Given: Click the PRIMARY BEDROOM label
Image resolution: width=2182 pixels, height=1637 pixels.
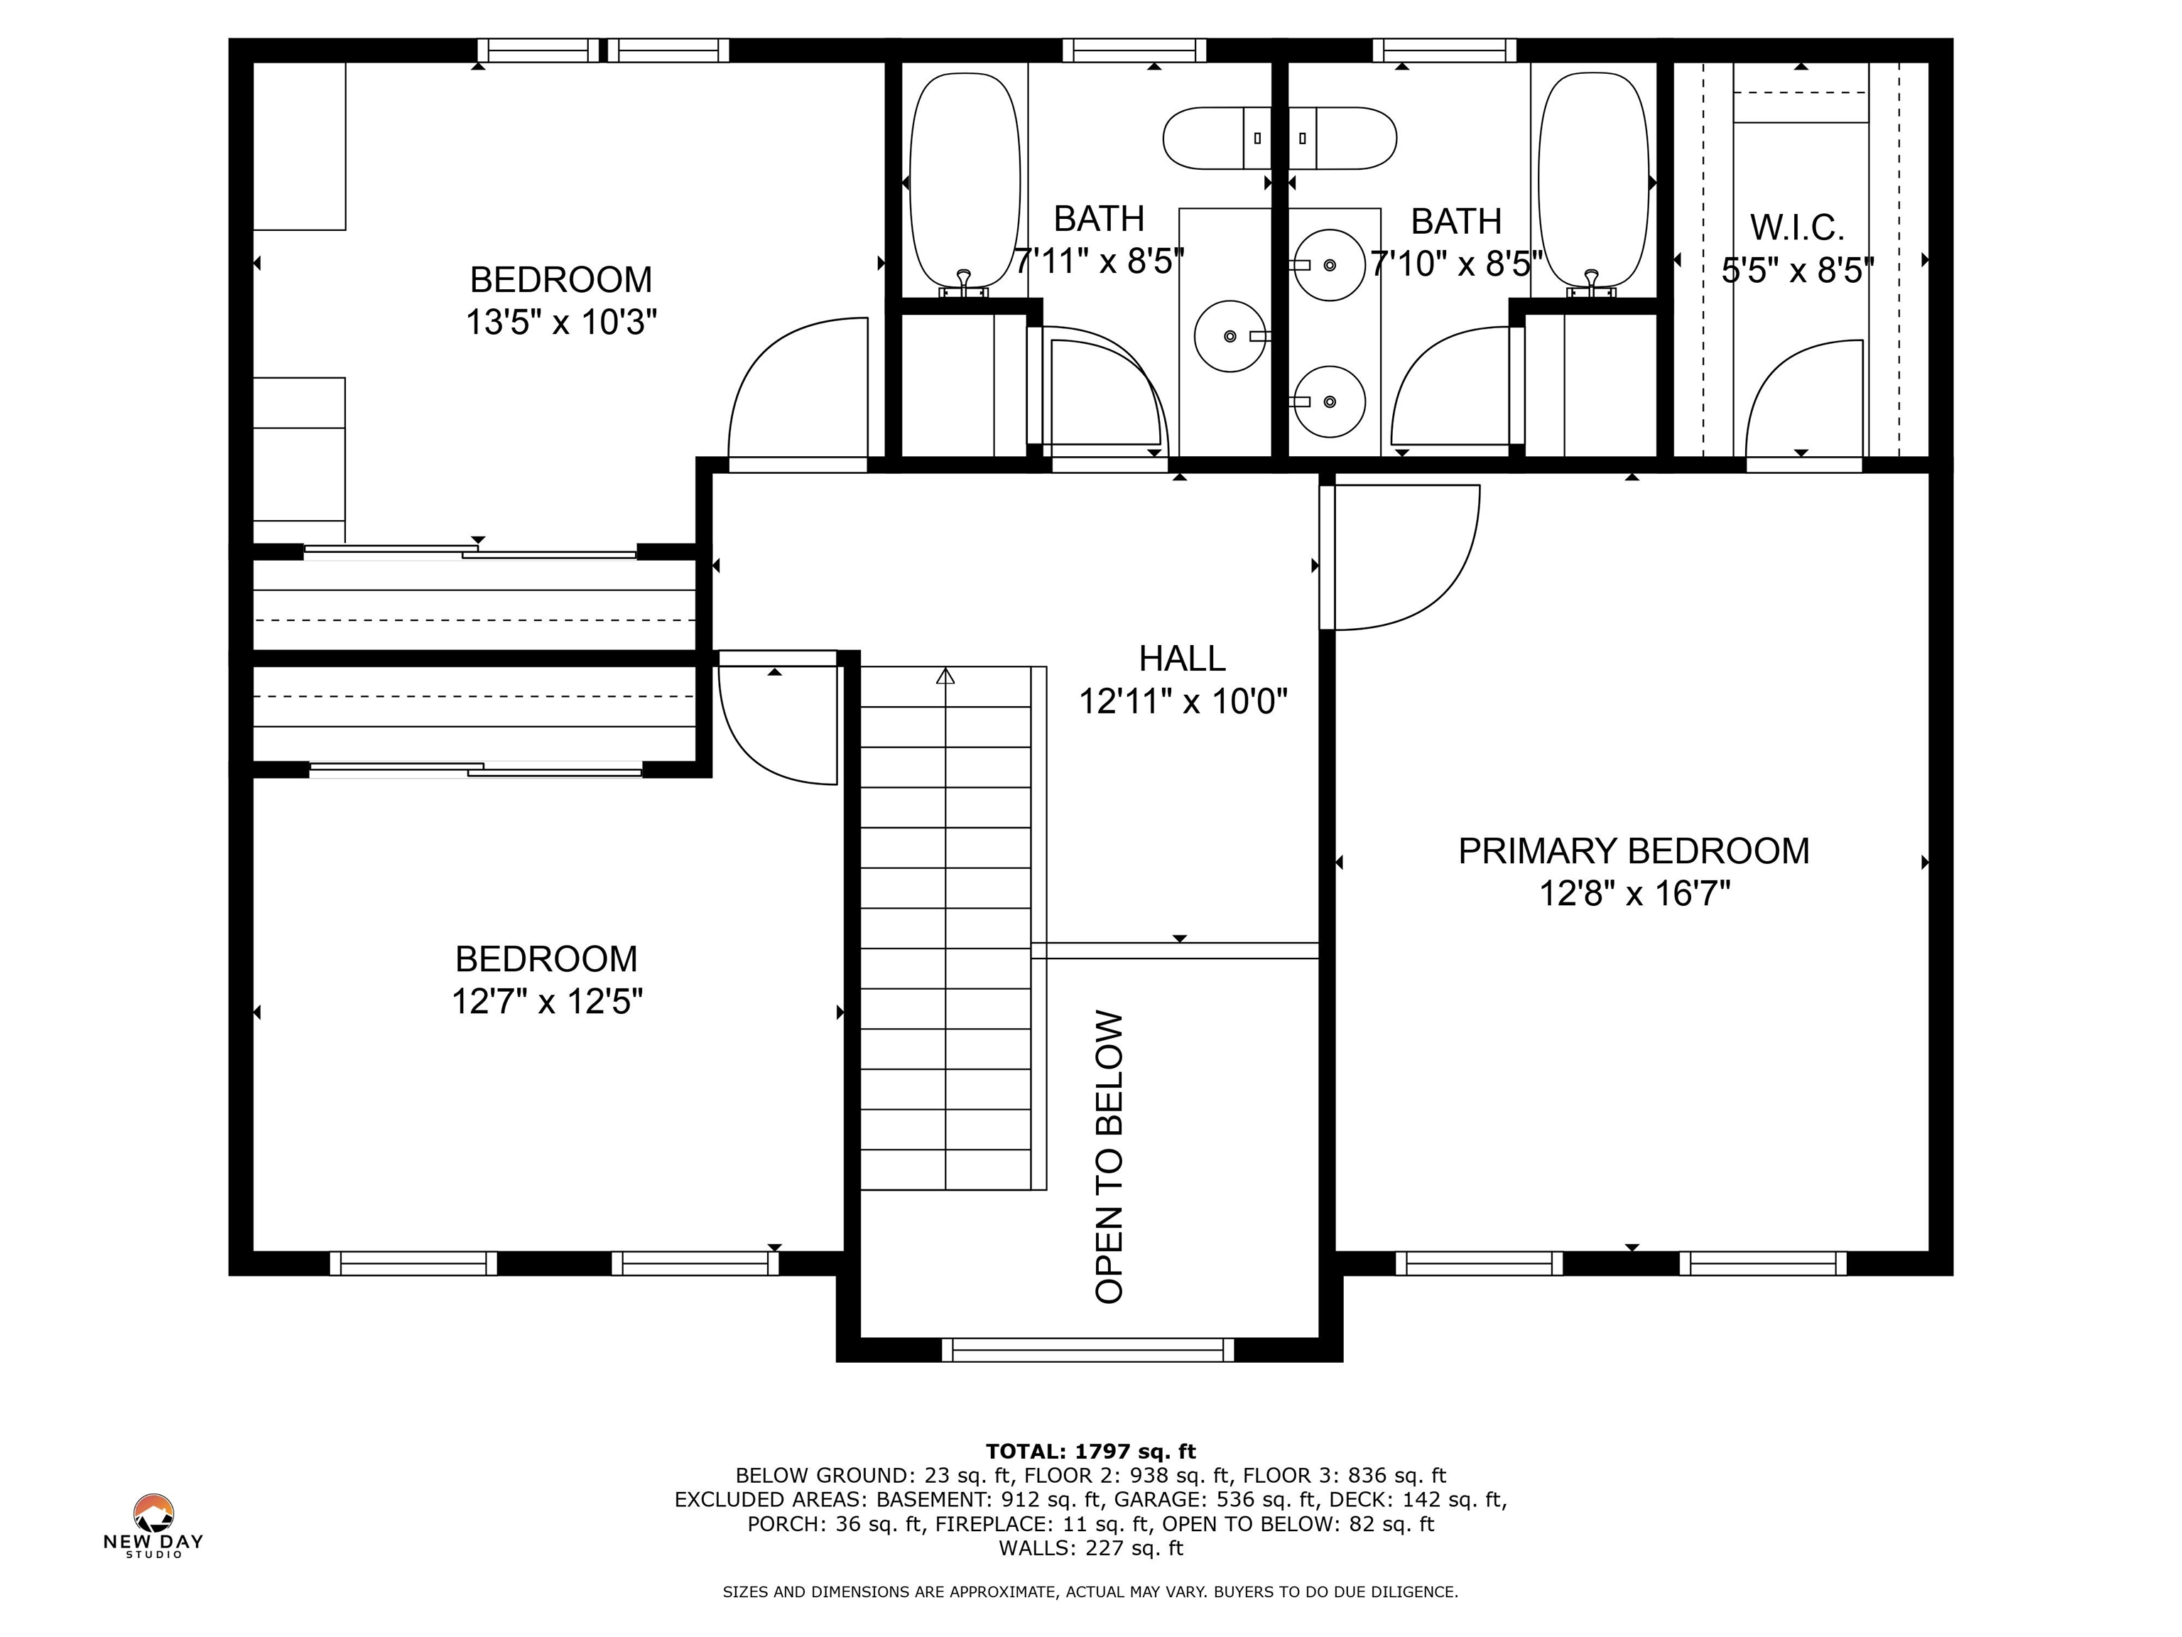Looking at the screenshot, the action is point(1634,850).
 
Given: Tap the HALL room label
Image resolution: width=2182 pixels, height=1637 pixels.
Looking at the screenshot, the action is point(1182,658).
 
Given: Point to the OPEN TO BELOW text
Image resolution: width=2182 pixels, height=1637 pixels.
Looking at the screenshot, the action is point(1109,1157).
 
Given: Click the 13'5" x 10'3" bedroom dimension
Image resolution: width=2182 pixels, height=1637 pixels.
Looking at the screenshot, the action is point(561,322).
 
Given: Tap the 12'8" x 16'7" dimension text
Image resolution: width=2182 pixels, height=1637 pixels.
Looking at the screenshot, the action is point(1634,894).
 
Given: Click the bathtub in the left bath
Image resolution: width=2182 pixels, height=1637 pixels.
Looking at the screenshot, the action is point(965,182).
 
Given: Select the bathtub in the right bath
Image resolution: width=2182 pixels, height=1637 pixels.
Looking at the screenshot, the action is point(1593,182).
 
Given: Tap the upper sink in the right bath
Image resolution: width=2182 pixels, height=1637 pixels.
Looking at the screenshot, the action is point(1329,264).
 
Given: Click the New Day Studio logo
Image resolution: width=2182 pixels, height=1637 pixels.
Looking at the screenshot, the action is point(154,1525).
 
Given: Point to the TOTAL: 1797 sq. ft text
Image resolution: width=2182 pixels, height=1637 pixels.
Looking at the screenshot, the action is point(1090,1452).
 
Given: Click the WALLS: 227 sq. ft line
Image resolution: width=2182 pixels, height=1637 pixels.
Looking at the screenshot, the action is point(1090,1548).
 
